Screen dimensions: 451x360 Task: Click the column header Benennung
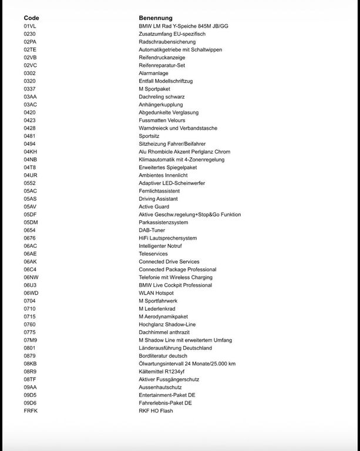pos(156,18)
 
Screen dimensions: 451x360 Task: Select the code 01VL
pos(30,26)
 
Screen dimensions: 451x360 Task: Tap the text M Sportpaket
pos(156,89)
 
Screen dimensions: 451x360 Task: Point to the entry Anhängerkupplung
pos(160,105)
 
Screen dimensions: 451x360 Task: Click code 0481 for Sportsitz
pos(30,136)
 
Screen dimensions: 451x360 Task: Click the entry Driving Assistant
pos(159,198)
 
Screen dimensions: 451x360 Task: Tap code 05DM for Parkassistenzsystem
pos(31,223)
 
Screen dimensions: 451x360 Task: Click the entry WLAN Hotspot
pos(156,293)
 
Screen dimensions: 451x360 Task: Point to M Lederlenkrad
pos(157,309)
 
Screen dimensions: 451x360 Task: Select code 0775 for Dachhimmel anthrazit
pos(30,332)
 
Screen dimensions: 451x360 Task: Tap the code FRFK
pos(31,411)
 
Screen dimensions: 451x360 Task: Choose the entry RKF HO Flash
pos(156,411)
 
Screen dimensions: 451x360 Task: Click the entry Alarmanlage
pos(153,73)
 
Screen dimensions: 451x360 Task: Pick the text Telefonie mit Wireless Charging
pos(176,277)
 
